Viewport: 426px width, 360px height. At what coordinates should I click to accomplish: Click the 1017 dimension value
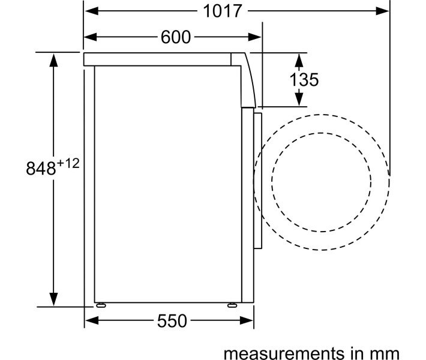click(222, 11)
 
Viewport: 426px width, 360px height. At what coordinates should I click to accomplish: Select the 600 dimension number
click(176, 37)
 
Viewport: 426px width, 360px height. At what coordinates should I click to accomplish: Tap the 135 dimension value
click(304, 80)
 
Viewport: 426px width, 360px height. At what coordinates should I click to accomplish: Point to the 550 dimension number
click(172, 321)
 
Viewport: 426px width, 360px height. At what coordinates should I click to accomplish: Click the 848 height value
click(41, 168)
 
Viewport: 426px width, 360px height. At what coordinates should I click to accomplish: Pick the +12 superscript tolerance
click(68, 164)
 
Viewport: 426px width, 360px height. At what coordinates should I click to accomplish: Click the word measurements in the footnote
click(284, 353)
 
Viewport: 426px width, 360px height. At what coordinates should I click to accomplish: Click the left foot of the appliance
click(101, 305)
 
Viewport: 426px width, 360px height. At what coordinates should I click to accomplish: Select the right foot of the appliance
click(232, 305)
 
